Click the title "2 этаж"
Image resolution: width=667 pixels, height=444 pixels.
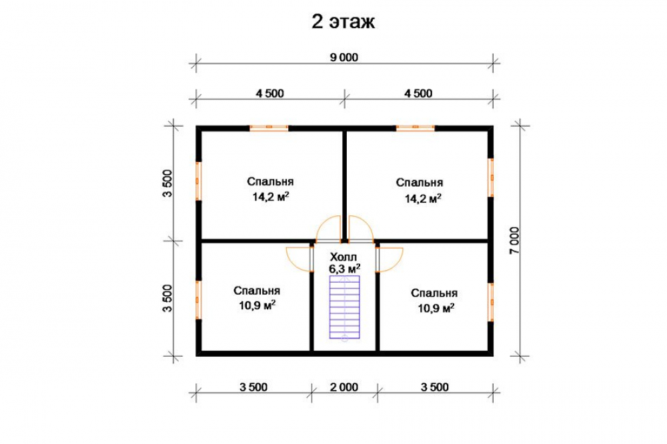(x=344, y=22)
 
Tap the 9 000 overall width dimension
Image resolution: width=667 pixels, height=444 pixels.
(x=344, y=57)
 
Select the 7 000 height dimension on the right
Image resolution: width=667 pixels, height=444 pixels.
(x=514, y=240)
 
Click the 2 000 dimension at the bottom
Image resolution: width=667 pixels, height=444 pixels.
(x=344, y=387)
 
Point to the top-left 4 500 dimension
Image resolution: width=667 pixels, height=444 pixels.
(x=269, y=93)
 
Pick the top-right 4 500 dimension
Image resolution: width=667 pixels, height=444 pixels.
(x=418, y=93)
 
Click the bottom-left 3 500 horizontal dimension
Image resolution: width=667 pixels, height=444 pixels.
(x=253, y=387)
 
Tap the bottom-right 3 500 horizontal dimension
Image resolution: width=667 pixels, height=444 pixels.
(x=435, y=387)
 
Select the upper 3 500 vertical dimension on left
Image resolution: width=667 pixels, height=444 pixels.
(x=167, y=183)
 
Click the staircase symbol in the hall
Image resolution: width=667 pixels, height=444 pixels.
(x=345, y=307)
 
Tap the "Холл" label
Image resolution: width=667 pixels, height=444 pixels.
(x=344, y=257)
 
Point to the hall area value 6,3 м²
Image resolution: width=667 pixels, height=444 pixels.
(x=345, y=269)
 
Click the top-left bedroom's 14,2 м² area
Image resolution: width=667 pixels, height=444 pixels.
(x=271, y=197)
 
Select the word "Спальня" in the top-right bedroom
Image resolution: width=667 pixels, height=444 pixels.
(x=420, y=183)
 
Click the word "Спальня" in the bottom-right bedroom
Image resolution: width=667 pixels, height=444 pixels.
(x=434, y=293)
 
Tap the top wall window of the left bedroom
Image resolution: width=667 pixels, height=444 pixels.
(x=269, y=127)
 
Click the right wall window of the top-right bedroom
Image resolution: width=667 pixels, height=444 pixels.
(x=490, y=177)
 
